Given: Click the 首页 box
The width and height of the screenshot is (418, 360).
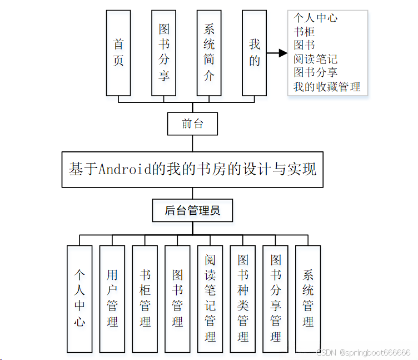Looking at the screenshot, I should [x=118, y=53].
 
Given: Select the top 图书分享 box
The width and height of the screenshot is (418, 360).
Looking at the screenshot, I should [x=164, y=53].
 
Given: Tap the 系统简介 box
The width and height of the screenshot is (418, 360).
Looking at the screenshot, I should [x=209, y=53].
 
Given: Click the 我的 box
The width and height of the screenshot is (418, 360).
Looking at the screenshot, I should [x=255, y=53].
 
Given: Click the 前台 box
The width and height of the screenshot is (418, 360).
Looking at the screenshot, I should [x=192, y=124].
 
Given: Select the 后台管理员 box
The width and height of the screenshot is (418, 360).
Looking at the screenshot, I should [x=192, y=210].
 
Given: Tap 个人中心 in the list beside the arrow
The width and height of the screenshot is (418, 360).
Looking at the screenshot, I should [x=316, y=18].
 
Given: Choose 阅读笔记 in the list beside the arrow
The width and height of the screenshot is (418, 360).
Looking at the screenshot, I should [x=316, y=59].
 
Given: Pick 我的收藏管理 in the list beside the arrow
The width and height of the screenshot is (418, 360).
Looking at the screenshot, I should [x=327, y=87].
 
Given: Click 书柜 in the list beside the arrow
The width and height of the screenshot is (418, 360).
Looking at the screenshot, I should [x=304, y=32].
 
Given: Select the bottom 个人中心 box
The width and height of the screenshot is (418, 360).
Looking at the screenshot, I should [x=79, y=298].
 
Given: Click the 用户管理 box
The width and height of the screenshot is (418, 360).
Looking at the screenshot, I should [x=112, y=298].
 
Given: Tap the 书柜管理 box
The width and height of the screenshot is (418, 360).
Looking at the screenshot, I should [x=145, y=298].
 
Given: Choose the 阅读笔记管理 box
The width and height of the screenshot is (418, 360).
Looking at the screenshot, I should [x=210, y=298].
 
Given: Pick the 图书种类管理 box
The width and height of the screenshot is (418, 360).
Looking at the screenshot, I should [x=243, y=298].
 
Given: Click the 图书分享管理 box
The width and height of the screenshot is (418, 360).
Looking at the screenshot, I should [x=276, y=298].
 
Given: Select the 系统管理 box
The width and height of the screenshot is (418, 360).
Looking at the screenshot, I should [x=308, y=298].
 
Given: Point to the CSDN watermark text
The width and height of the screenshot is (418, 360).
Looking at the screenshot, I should [x=364, y=353].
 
